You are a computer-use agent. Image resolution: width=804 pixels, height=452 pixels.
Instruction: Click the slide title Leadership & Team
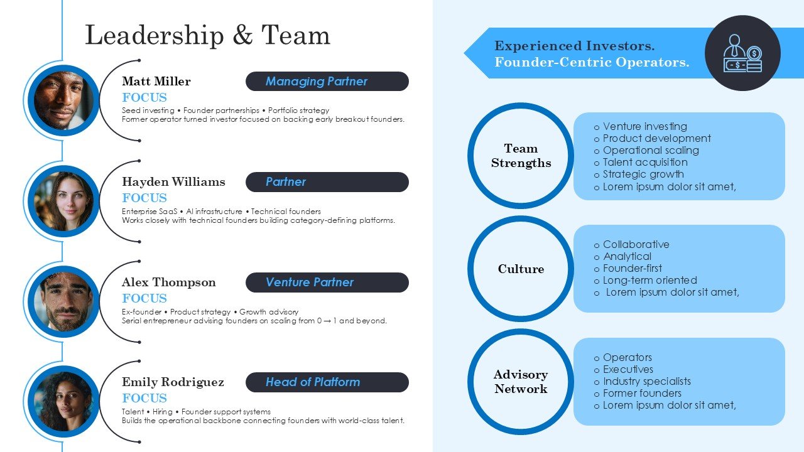click(207, 35)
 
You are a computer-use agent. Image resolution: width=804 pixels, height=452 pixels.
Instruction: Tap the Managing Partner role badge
click(327, 81)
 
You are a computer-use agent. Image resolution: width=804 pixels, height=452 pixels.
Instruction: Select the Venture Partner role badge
click(327, 282)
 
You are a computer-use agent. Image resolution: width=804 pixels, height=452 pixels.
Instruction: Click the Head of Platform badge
click(327, 382)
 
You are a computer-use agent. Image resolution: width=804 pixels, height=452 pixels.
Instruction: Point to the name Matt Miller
click(156, 81)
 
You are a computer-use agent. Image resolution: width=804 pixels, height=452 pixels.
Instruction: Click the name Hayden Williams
click(173, 181)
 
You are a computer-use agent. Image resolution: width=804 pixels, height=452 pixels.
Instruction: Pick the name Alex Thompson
click(169, 282)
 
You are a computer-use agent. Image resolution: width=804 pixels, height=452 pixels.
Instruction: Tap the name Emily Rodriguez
click(173, 382)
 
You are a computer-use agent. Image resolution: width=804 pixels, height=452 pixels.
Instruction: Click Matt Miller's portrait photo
click(63, 100)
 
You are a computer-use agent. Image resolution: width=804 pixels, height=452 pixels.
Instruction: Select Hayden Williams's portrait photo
click(63, 202)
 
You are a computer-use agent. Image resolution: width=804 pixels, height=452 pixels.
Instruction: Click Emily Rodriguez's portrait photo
click(63, 401)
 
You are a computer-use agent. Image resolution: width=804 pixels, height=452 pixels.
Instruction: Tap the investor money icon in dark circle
click(742, 53)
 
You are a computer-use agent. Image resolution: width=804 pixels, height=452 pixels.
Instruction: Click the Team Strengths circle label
click(521, 156)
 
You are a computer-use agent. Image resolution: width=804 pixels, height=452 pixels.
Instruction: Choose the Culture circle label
click(521, 269)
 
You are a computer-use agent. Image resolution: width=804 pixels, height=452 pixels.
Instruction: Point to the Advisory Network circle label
click(521, 382)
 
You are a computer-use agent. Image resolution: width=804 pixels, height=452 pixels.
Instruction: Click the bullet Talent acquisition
click(645, 162)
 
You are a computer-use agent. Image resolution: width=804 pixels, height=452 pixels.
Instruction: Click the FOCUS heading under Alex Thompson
click(144, 298)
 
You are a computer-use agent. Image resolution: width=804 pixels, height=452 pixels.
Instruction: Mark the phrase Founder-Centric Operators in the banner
click(592, 62)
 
